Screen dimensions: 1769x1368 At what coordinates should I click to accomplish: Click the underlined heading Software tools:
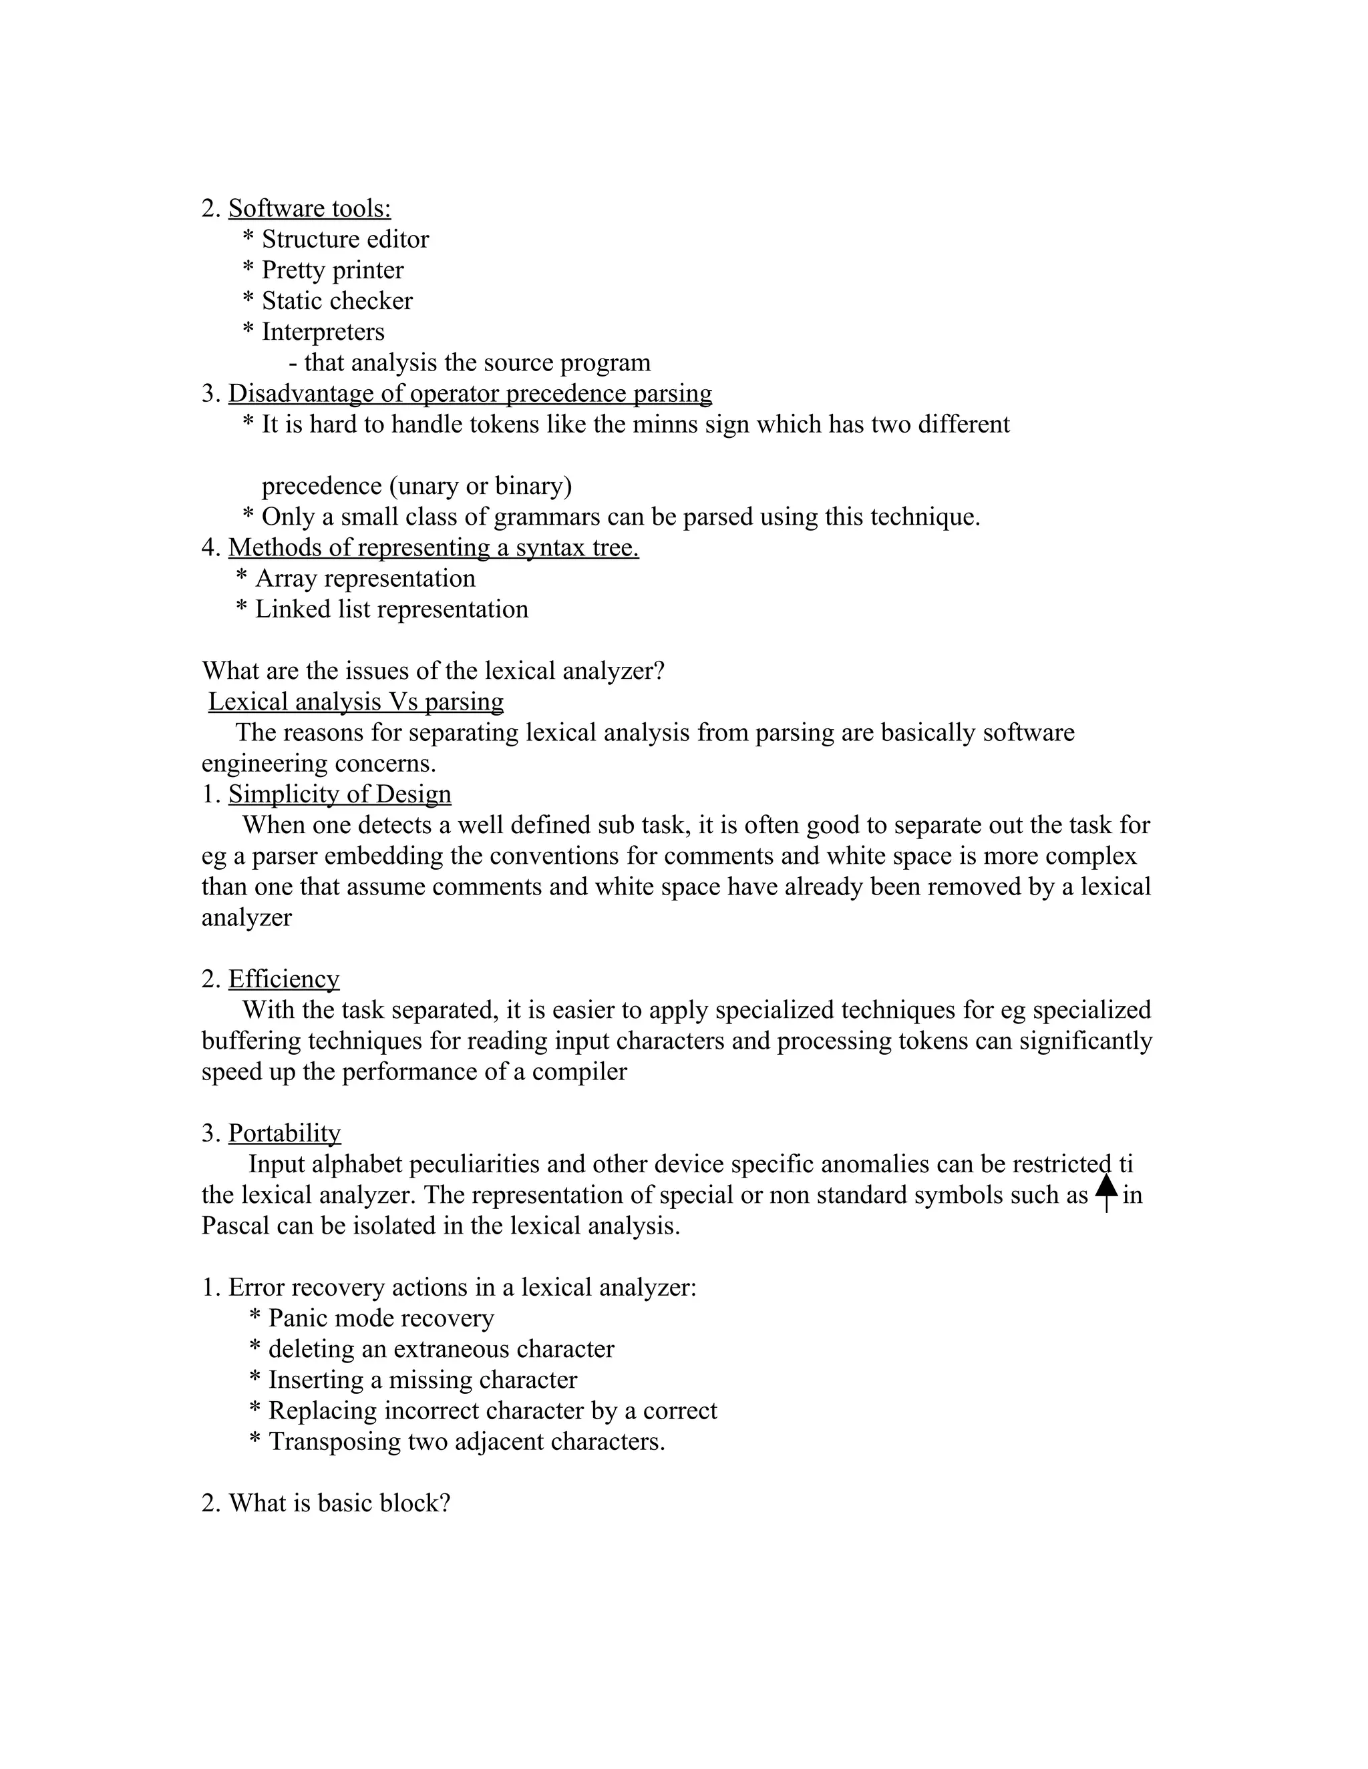coord(309,209)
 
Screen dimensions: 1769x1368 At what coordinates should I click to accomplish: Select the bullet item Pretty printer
coord(332,270)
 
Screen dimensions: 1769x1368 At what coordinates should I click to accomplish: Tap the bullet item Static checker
coord(337,301)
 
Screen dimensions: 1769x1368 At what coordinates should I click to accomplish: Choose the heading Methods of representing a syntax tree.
coord(433,547)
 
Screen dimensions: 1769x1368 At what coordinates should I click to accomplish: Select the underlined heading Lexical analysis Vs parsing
coord(356,702)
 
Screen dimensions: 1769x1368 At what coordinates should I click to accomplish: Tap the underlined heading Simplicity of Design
coord(339,794)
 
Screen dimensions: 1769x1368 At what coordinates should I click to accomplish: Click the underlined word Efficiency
coord(284,979)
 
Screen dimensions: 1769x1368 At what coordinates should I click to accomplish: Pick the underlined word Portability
coord(285,1133)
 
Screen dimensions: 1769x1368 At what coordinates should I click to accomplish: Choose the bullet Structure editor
coord(345,240)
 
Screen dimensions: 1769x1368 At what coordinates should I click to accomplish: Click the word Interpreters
coord(323,332)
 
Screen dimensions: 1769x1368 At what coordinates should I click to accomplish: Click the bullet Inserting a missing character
coord(422,1380)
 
